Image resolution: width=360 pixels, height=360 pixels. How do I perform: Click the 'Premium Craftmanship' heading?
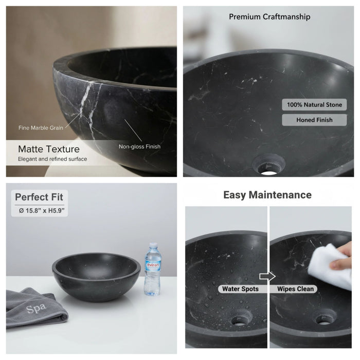(x=269, y=17)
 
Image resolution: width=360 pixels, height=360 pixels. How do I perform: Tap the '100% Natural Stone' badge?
(x=314, y=105)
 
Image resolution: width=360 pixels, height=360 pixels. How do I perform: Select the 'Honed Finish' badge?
(x=314, y=120)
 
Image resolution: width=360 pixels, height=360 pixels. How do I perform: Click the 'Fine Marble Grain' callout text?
(x=41, y=128)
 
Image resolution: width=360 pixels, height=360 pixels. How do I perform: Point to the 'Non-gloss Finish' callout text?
(x=139, y=147)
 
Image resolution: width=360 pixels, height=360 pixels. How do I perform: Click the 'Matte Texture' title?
(x=49, y=149)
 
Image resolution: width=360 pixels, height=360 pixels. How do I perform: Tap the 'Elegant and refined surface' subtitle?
(x=52, y=159)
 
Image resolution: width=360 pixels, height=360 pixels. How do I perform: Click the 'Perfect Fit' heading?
(x=39, y=197)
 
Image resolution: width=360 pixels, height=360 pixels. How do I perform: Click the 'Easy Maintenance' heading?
(x=267, y=195)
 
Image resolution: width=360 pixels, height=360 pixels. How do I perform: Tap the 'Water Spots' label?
(x=240, y=289)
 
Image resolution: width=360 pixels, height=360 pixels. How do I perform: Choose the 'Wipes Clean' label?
(x=295, y=289)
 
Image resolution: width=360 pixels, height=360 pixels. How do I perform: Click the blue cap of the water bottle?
(x=153, y=246)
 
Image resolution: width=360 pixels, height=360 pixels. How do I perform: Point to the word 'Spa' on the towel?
(x=36, y=309)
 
